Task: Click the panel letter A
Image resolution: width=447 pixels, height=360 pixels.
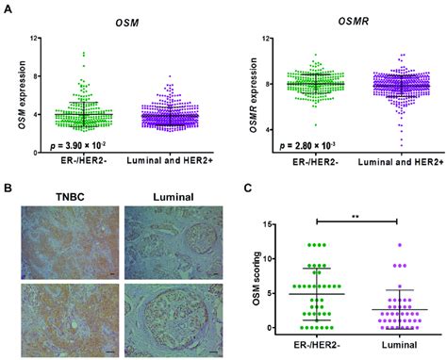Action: pyautogui.click(x=8, y=8)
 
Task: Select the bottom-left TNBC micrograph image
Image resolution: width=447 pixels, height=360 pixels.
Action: pyautogui.click(x=68, y=311)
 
